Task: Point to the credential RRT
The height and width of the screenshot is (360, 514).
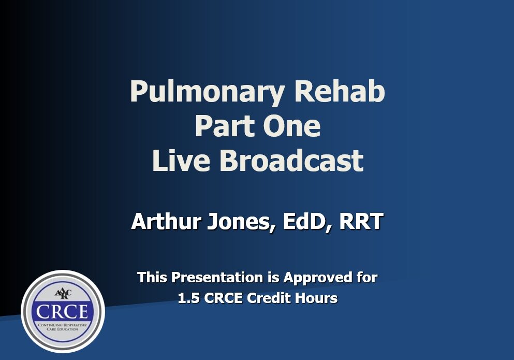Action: [x=361, y=222]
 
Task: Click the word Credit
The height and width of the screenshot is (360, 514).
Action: [x=276, y=298]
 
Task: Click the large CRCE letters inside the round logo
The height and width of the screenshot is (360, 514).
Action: [x=63, y=311]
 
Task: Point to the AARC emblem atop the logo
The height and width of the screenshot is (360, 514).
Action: [x=63, y=294]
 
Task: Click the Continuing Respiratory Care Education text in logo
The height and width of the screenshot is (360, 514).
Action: [x=63, y=327]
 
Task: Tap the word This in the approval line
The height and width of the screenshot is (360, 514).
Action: [x=152, y=278]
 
